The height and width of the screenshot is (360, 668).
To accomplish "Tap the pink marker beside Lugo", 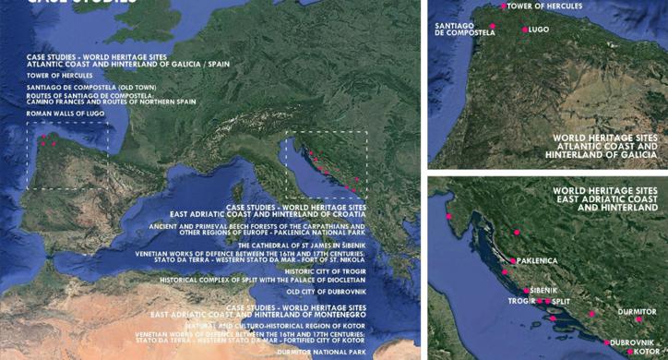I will tap(525, 30).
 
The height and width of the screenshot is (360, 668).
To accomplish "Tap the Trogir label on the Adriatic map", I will tap(520, 301).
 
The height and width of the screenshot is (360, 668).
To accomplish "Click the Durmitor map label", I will tap(638, 312).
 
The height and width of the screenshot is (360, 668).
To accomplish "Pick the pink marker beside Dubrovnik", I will tap(601, 342).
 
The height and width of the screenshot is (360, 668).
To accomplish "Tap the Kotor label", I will tap(650, 351).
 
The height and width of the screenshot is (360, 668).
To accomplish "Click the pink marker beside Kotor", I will tap(630, 351).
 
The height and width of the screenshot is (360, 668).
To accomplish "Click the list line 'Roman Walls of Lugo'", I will tap(66, 113).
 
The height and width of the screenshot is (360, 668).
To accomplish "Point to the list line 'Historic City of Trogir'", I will tap(325, 272).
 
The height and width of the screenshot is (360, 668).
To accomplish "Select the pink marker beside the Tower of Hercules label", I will tap(504, 6).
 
